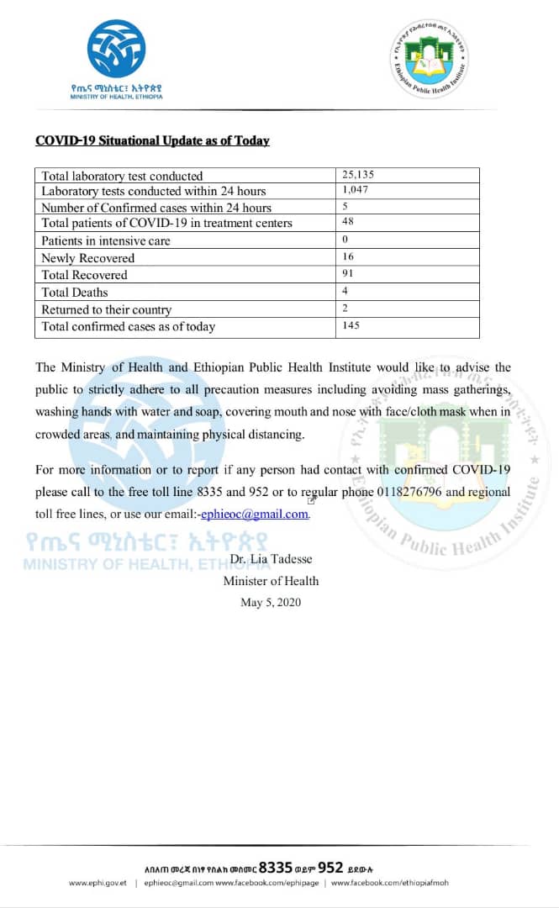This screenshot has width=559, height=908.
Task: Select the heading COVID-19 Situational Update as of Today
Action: coord(152,140)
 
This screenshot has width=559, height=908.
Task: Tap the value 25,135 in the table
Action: coord(357,175)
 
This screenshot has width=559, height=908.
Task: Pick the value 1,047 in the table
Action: coord(356,191)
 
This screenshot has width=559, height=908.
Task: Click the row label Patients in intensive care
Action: coord(105,240)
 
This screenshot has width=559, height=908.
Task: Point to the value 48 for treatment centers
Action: coord(348,223)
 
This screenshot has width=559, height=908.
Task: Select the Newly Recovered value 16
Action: coord(348,257)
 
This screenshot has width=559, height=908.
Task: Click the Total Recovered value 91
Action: coord(348,274)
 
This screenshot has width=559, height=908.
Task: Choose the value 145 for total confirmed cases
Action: coord(351,325)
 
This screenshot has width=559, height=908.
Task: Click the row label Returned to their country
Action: coord(106,309)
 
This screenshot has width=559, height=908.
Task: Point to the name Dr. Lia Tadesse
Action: coord(271,559)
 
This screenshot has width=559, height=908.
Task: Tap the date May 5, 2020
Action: coord(271,602)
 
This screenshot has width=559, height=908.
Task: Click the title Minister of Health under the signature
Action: coord(271,580)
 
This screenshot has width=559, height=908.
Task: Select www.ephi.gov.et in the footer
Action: coord(98,883)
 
